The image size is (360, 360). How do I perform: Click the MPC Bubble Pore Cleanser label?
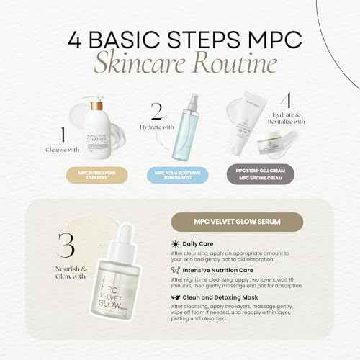tap(91, 175)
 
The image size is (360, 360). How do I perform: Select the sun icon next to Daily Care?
tap(176, 245)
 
